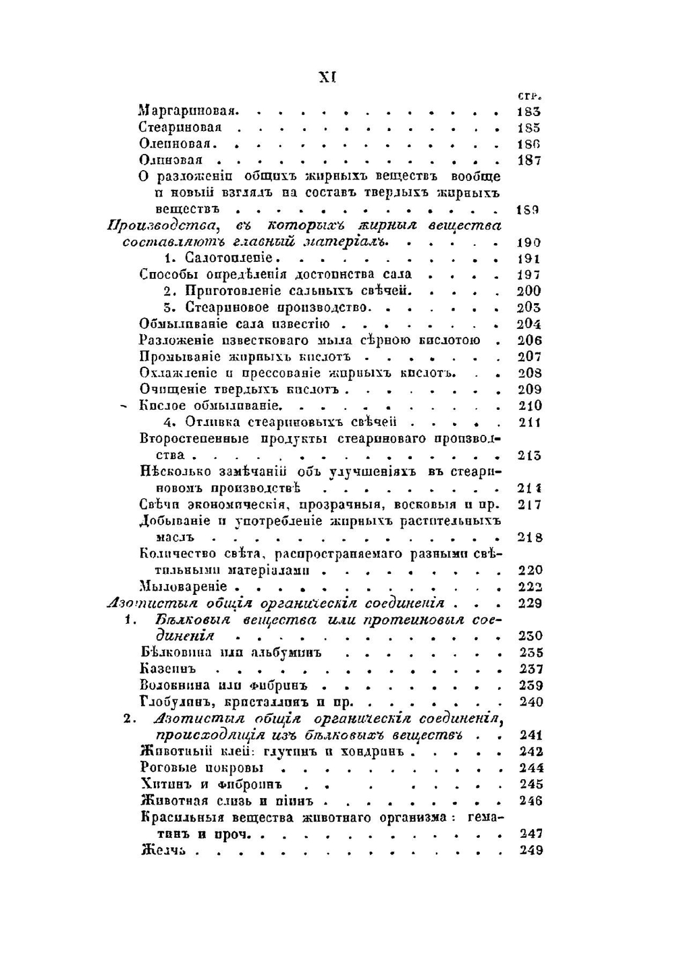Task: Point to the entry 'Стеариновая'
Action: click(x=180, y=128)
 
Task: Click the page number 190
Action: click(x=529, y=242)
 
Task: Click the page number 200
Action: click(x=529, y=291)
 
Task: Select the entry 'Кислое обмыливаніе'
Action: click(x=210, y=406)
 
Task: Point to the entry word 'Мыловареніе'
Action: click(x=183, y=586)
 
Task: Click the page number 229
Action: click(x=530, y=603)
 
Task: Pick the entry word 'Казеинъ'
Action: click(x=167, y=669)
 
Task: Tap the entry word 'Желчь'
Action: click(x=163, y=851)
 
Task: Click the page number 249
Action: click(x=531, y=851)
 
